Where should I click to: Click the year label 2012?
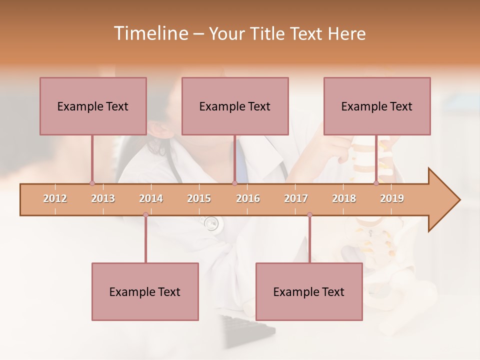point(55,198)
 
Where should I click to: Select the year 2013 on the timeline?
point(103,198)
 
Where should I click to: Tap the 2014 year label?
point(151,198)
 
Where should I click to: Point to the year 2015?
point(199,198)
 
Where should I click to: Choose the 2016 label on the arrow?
point(248,198)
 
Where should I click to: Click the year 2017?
point(296,198)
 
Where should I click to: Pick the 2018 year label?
point(344,198)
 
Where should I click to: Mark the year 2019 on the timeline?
point(392,198)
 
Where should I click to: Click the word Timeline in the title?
point(149,33)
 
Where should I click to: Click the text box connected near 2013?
point(93,106)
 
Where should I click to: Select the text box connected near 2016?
point(235,106)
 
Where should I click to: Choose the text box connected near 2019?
point(377,106)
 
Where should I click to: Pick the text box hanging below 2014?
point(145,291)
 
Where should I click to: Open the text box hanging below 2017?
point(309,291)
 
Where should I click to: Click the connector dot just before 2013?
point(92,183)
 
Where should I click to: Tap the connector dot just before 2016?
point(234,183)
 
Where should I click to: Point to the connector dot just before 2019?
point(376,183)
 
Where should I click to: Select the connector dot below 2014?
point(145,215)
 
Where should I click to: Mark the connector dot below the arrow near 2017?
point(309,215)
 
